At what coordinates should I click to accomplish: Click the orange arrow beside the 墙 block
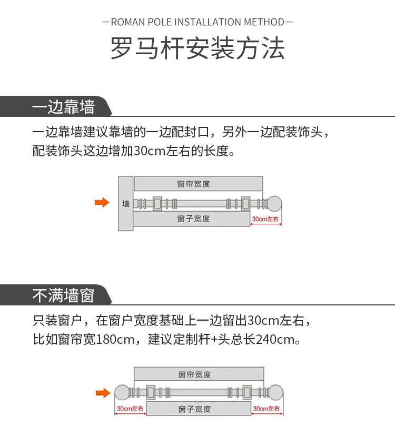102,203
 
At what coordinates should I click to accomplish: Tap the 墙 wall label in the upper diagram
126,203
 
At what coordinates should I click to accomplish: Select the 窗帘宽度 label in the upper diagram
193,184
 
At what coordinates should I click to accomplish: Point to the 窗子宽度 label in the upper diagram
193,219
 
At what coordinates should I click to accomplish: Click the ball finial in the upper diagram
275,203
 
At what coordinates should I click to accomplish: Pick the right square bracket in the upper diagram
245,203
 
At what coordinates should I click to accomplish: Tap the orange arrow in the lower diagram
103,392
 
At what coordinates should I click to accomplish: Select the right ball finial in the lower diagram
275,392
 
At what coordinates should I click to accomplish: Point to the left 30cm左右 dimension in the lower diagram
130,409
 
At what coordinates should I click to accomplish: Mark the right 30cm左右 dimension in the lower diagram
266,409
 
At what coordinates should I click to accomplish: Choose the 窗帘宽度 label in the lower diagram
194,374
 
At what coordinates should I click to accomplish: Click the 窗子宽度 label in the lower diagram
194,409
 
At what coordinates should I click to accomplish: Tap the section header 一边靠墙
63,107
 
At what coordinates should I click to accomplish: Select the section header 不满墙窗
63,296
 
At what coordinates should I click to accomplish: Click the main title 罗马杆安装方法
197,49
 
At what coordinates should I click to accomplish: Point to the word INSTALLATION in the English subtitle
208,22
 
